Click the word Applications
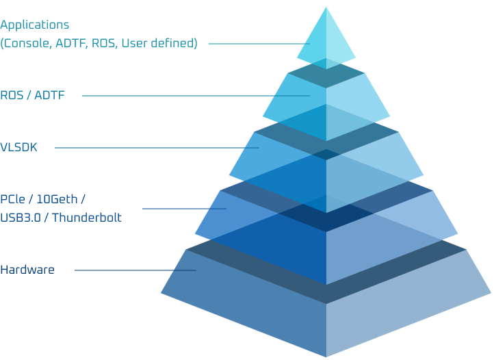coord(35,25)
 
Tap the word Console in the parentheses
coord(28,43)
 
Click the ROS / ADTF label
coord(32,95)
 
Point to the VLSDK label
coord(18,148)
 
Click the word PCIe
coord(12,199)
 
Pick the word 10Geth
coord(57,199)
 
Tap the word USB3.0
coord(21,218)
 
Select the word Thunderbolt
coord(87,218)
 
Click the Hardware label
coord(27,270)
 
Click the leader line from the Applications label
coord(259,44)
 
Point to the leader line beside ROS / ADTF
coord(196,96)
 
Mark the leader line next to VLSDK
coord(157,148)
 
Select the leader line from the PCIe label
coord(184,209)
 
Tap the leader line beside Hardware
coord(135,270)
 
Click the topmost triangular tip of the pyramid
coord(326,8)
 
